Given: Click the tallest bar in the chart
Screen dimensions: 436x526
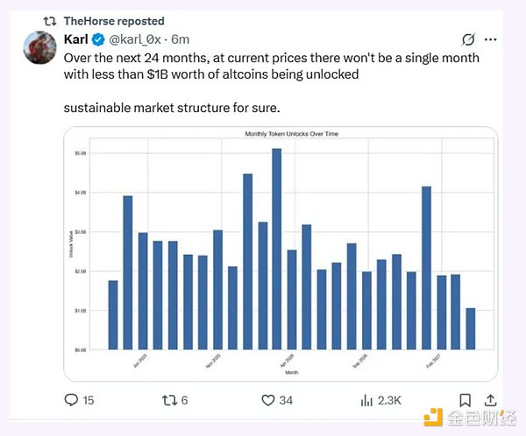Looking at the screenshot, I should (x=276, y=249).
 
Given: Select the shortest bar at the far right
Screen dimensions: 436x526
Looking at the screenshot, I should (x=471, y=328).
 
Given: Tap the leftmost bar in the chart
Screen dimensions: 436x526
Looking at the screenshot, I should (x=113, y=314).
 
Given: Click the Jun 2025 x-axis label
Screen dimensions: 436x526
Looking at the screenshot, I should (x=140, y=360).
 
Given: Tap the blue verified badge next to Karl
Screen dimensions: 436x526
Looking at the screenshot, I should (x=99, y=39).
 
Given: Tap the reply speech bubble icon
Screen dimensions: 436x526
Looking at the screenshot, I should (x=72, y=400).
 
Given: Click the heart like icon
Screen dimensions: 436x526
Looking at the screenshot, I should (x=270, y=400).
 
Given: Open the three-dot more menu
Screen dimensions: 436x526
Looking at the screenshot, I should (x=494, y=39).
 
